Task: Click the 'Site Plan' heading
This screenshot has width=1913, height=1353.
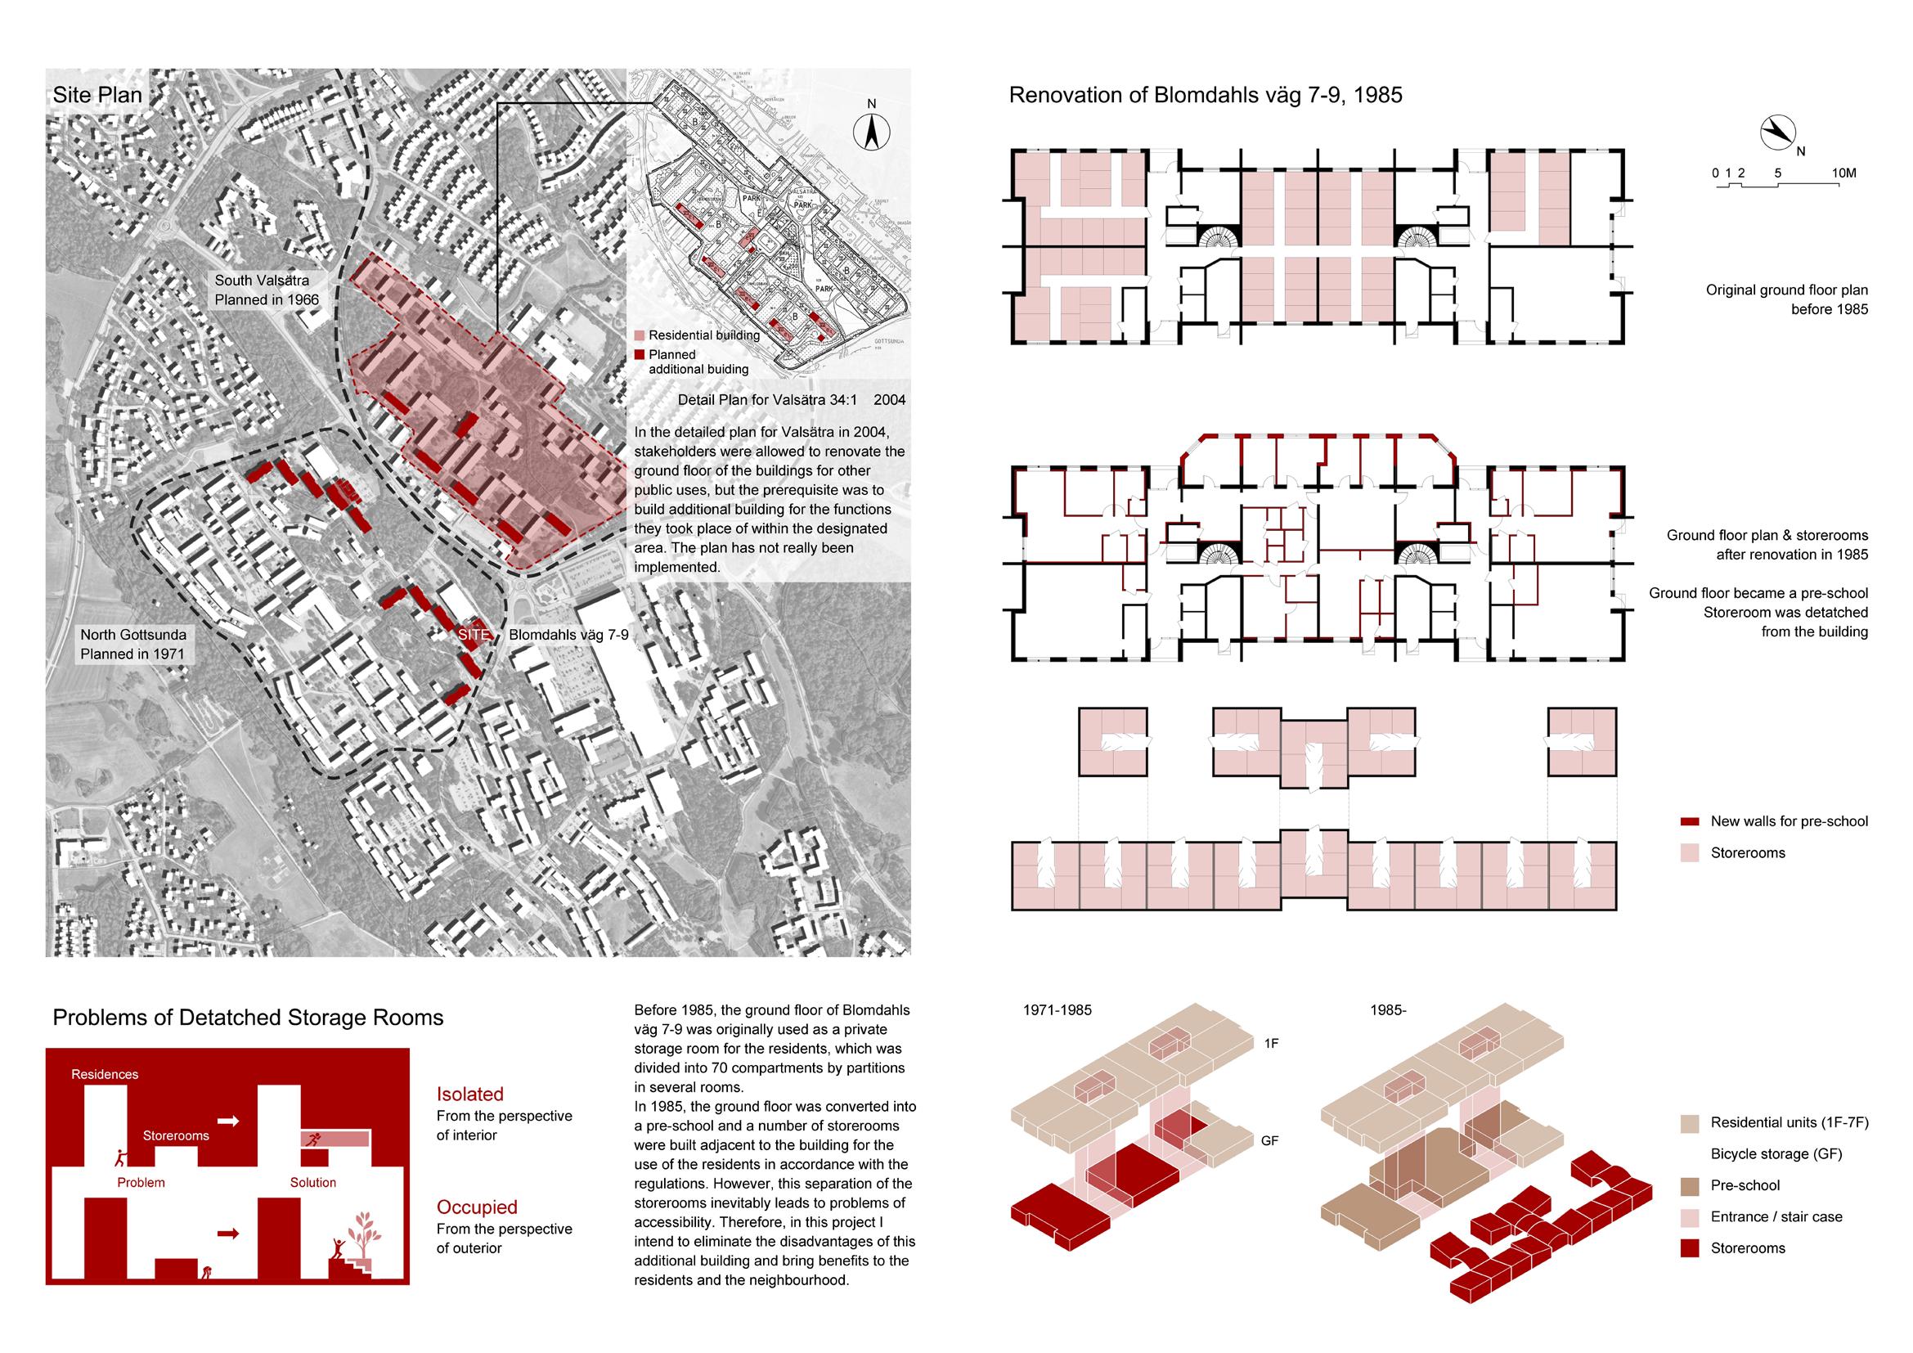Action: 97,95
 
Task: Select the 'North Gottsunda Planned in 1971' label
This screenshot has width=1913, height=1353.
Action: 132,644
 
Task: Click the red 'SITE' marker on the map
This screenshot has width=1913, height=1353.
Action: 474,634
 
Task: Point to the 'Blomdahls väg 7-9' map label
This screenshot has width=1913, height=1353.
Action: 568,635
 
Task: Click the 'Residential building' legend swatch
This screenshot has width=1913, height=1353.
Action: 640,335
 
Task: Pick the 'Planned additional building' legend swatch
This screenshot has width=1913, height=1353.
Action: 640,354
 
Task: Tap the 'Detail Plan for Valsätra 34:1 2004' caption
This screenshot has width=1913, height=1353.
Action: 791,400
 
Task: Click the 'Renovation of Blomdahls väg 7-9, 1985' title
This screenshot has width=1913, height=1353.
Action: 1205,95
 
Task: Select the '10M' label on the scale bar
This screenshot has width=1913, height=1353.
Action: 1843,173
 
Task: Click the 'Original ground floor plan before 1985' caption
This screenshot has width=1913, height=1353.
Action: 1786,300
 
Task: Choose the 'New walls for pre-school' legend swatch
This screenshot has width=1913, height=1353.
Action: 1690,821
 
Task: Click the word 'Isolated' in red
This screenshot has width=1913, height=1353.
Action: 470,1094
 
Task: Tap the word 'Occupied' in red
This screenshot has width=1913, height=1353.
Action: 477,1207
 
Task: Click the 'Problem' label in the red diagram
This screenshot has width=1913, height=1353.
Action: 141,1182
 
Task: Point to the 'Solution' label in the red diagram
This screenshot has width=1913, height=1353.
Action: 313,1182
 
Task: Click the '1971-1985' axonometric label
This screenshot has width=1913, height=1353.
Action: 1058,1010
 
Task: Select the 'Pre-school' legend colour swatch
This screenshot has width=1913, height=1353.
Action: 1690,1185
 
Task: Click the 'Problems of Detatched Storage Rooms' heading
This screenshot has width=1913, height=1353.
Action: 249,1018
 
